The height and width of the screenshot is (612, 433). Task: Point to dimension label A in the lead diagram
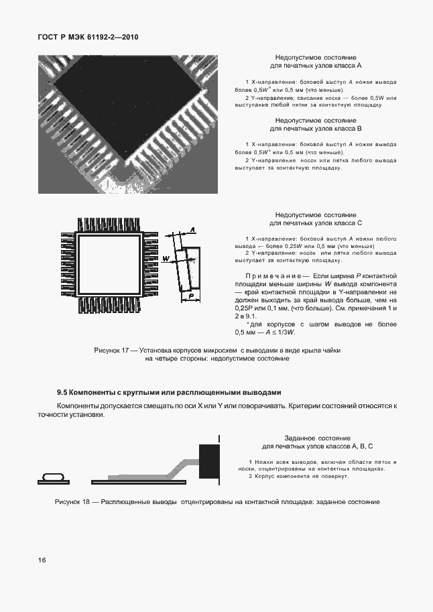192,230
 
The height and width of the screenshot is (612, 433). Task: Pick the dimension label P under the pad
191,295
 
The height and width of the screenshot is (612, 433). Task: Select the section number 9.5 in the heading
62,392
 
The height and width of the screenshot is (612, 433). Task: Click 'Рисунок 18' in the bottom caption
72,501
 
